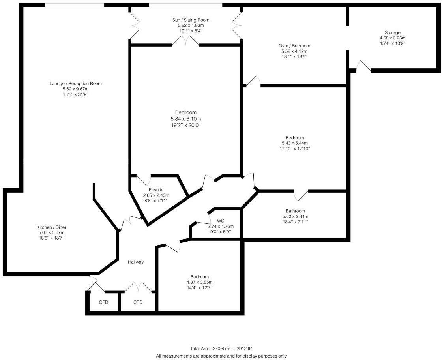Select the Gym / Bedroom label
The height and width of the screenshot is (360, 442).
coord(294,46)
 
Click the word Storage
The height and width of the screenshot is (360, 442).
coord(393,32)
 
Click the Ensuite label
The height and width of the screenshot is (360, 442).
coord(156,190)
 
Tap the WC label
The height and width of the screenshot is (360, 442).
coord(220,221)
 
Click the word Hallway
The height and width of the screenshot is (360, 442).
coord(135,262)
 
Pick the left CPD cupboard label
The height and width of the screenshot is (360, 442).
coord(103,302)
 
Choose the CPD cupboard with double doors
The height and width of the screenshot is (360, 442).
coord(138,302)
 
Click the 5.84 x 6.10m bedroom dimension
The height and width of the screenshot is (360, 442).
coord(185,119)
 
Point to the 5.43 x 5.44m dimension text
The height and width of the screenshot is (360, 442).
coord(295,143)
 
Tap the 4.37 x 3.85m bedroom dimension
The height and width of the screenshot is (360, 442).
coord(199,282)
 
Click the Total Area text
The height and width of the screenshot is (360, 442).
coord(221,349)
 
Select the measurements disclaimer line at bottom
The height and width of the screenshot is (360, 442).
coord(221,356)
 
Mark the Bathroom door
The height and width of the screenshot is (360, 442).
coord(301,195)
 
